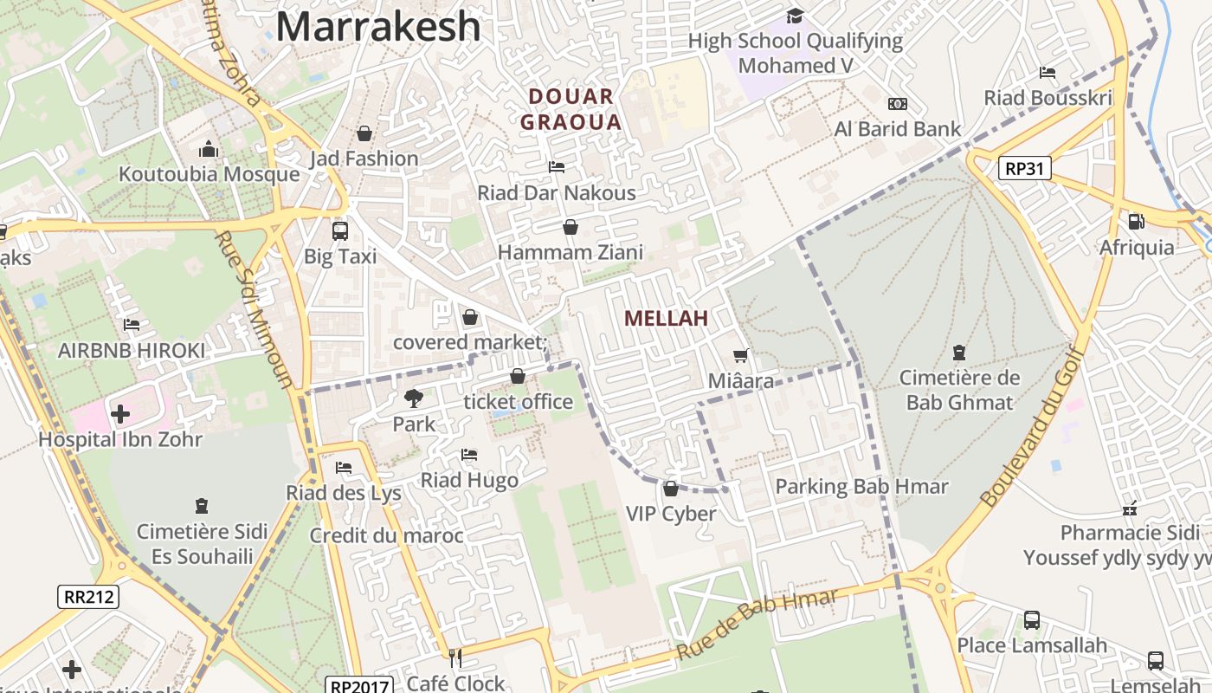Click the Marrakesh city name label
coord(378,26)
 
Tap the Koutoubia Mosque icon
coord(209,150)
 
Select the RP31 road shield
coord(1024,168)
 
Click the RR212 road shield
coord(87,596)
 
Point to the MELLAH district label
coord(666,318)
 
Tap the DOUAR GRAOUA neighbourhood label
coord(571,109)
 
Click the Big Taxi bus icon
coord(340,231)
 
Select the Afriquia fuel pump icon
coord(1137,222)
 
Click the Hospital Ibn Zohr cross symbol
coord(119,414)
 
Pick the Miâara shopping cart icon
coord(740,355)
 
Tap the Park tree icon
coord(414,398)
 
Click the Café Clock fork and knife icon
coord(455,658)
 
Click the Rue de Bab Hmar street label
coord(757,623)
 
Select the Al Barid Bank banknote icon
coord(898,104)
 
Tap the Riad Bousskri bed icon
coord(1048,73)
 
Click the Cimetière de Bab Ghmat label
coord(959,390)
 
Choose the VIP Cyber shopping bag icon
coord(671,489)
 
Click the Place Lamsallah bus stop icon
coord(1032,620)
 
